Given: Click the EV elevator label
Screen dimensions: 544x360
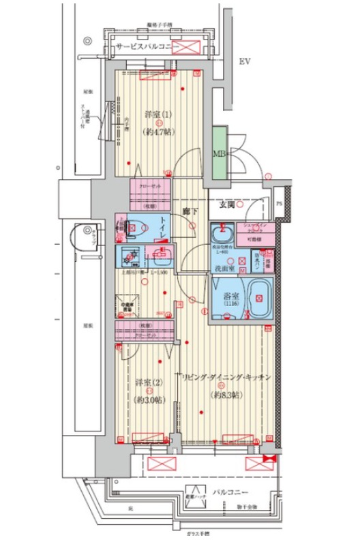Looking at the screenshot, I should [245, 62].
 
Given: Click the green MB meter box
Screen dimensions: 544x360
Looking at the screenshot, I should [220, 153].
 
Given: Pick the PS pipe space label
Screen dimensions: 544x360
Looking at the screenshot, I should [278, 203].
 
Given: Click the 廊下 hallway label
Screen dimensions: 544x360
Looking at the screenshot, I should [190, 212].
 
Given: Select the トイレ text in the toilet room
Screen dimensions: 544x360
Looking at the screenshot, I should [164, 226].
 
